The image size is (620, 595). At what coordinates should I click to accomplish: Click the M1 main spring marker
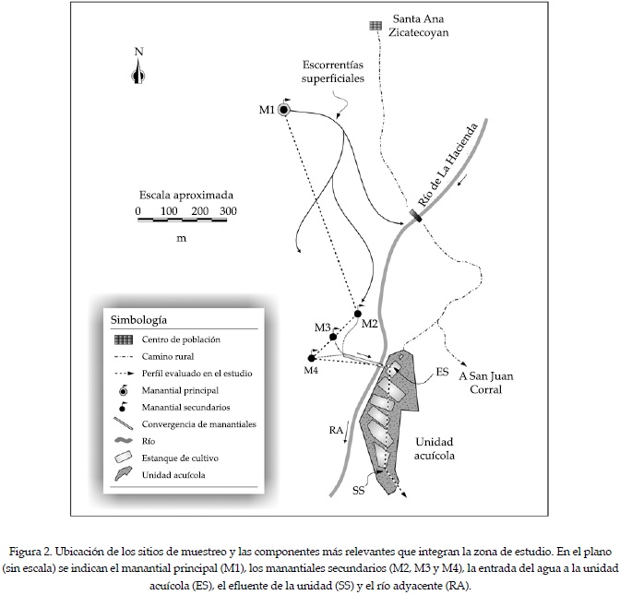pos(284,110)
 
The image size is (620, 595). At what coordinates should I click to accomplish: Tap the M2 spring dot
pos(357,315)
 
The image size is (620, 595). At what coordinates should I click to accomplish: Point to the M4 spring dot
pos(312,358)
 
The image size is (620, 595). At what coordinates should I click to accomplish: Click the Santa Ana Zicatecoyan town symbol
pos(376,26)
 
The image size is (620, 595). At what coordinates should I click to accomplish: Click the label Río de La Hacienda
pos(450,164)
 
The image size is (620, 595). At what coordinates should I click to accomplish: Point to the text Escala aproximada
pos(186,196)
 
